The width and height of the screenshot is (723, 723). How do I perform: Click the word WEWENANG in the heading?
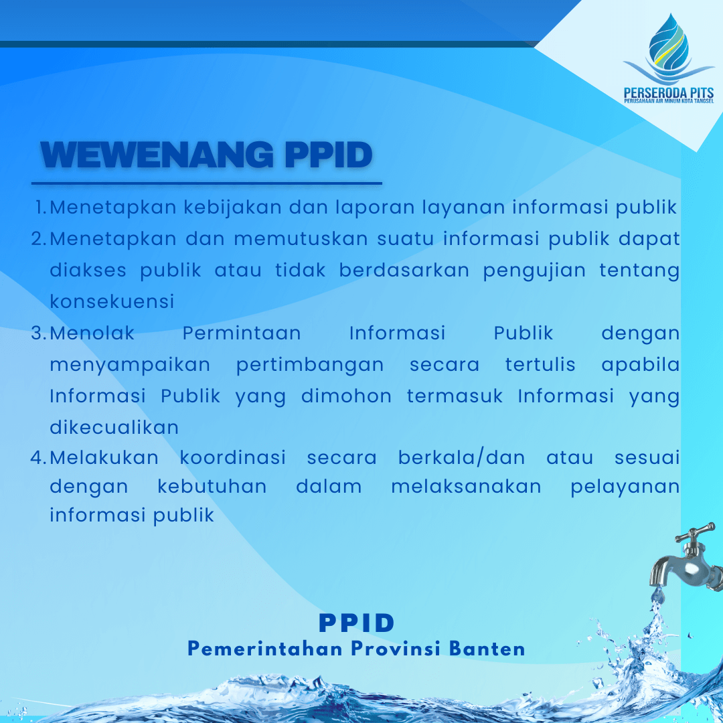click(x=157, y=155)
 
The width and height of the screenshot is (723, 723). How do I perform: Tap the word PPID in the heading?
click(x=328, y=155)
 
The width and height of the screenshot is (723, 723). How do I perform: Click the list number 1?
click(x=41, y=208)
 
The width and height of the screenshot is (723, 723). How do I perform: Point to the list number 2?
click(x=39, y=239)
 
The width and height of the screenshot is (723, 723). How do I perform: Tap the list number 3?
click(x=39, y=333)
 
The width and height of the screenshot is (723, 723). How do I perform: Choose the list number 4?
click(x=39, y=458)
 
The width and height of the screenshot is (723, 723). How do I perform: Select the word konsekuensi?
click(x=112, y=302)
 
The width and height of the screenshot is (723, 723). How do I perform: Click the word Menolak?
click(x=92, y=333)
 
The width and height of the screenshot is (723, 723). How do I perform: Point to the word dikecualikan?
click(x=114, y=427)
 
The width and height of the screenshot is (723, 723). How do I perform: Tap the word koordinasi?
click(x=233, y=457)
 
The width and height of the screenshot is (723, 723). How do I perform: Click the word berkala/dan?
click(x=461, y=457)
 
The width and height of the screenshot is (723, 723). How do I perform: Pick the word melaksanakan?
click(x=466, y=487)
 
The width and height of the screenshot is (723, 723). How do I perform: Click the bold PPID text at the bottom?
click(x=357, y=623)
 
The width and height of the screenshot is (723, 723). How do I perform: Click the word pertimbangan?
click(x=310, y=366)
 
